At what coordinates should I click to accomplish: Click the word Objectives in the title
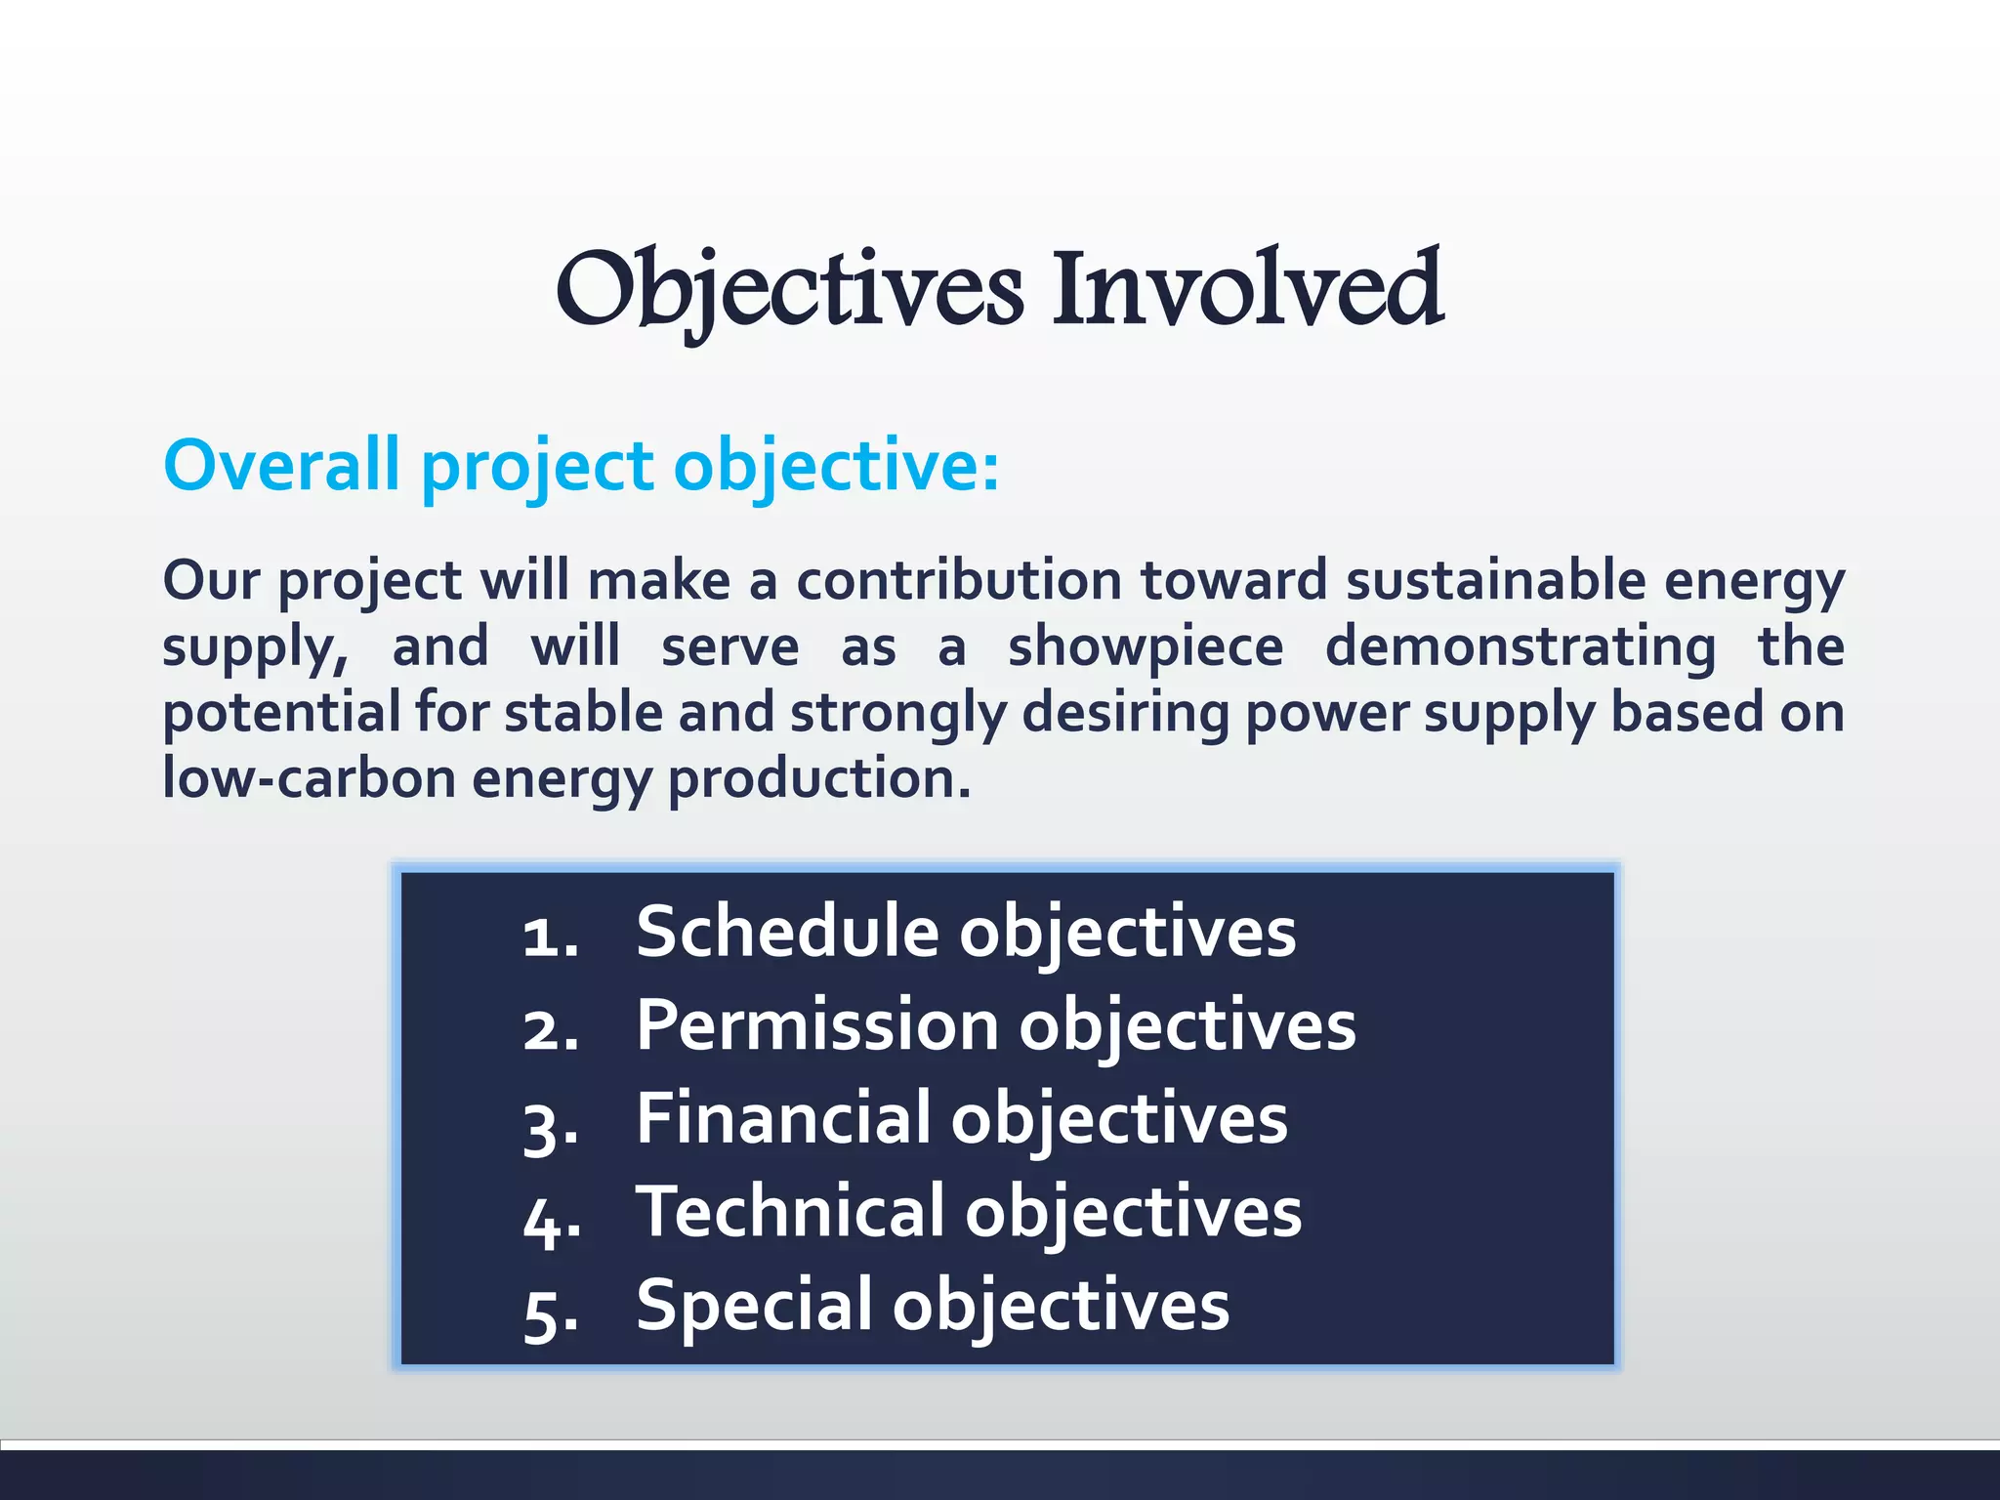coord(789,290)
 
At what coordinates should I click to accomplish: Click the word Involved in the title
coord(1247,290)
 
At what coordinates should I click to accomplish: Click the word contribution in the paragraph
coord(959,580)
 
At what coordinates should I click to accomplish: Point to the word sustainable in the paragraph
coord(1496,580)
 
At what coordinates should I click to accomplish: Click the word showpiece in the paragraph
coord(1146,646)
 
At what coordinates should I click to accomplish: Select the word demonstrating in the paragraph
coord(1520,648)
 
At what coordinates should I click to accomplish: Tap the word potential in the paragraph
coord(280,713)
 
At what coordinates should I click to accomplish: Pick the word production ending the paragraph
coord(818,780)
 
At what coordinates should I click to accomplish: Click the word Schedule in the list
coord(787,932)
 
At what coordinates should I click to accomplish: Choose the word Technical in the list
coord(791,1212)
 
